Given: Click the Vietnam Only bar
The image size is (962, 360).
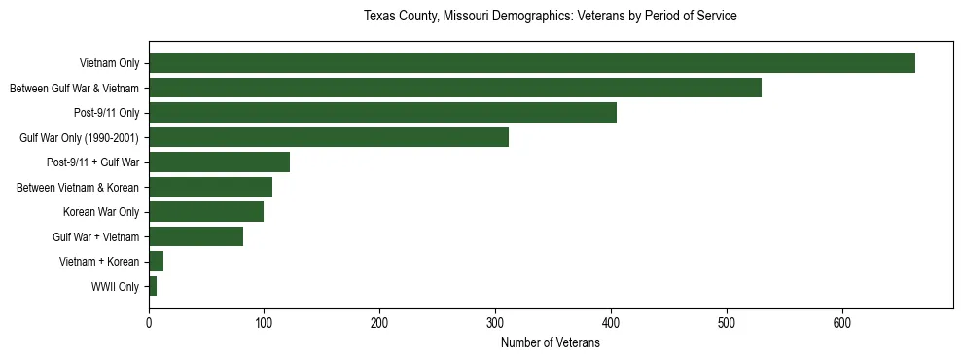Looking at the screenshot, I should point(531,63).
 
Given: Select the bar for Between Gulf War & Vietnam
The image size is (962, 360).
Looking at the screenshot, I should point(454,88).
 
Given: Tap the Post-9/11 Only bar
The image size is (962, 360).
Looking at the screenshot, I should point(382,113).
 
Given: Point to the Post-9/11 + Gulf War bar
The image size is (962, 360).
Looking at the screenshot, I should point(219,162).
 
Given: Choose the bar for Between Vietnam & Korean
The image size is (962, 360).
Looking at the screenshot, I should point(210,187).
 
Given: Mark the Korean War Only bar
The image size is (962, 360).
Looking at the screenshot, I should point(206,212).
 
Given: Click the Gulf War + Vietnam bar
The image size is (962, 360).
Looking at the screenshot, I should point(196,236).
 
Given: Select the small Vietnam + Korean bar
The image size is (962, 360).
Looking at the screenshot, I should point(156,262).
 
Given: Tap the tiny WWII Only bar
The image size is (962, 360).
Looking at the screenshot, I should point(153,286).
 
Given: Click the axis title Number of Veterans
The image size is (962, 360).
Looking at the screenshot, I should point(550,343).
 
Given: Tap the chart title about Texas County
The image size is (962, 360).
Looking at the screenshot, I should point(550,17).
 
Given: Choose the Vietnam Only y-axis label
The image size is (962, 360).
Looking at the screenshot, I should point(109,64).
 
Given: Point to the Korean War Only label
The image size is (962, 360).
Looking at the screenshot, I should point(101,212).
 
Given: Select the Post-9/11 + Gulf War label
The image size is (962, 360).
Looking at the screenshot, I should point(92,162).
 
